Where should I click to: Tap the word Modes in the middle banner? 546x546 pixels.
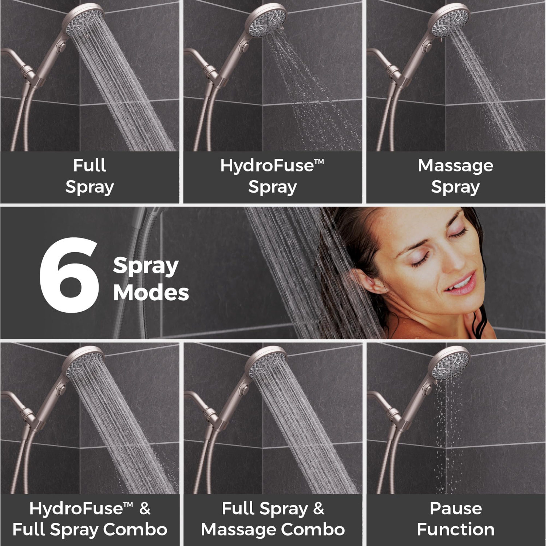coord(151,293)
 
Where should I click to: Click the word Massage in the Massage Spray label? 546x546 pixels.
coord(455,166)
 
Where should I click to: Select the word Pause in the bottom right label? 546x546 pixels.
coord(456,508)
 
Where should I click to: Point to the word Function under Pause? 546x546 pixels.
coord(456,529)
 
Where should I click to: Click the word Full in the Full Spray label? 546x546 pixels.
coord(90,166)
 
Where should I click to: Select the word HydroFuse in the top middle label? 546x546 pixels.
coord(267,166)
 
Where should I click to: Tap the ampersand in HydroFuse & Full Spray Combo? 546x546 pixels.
coord(145,509)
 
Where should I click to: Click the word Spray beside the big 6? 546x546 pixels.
coord(146,266)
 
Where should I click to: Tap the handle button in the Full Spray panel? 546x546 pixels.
coord(62,46)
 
